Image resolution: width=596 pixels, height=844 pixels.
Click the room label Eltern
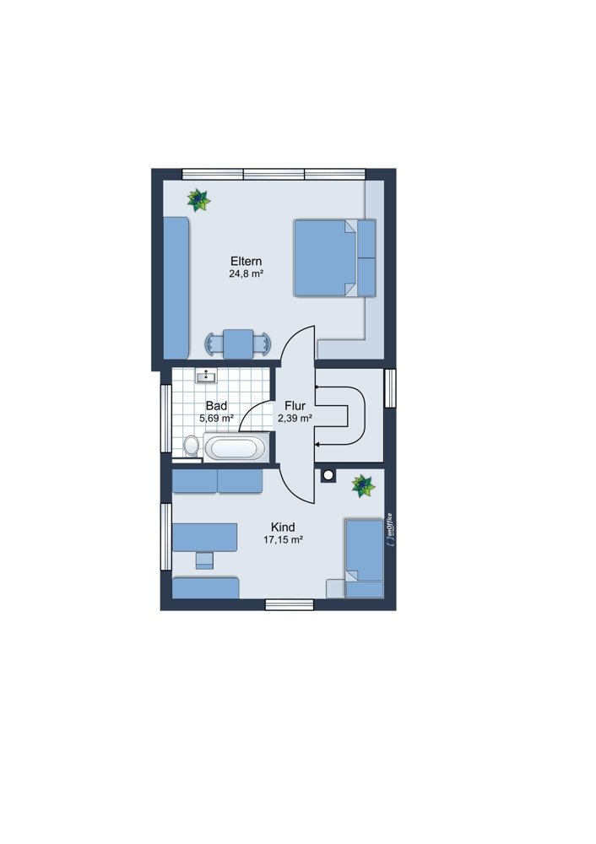(x=246, y=262)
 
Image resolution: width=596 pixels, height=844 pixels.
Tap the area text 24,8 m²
(x=246, y=274)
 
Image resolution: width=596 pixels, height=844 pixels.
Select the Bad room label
(x=216, y=406)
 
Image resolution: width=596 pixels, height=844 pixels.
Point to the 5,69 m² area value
(x=216, y=418)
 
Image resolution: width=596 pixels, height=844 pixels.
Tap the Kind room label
(x=283, y=527)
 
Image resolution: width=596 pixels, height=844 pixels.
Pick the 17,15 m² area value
(x=283, y=540)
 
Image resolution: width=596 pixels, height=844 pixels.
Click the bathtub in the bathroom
(x=236, y=447)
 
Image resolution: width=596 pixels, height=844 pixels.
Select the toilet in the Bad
(x=191, y=446)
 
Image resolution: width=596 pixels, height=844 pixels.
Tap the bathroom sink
(x=206, y=376)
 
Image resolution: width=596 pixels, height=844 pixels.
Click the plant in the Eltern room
(x=198, y=200)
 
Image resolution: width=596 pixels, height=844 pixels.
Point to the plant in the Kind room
(x=363, y=487)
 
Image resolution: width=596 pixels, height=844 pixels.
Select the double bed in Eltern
(x=334, y=257)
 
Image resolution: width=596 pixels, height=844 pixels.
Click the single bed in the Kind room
(x=365, y=558)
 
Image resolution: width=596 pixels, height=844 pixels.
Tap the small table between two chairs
(x=238, y=344)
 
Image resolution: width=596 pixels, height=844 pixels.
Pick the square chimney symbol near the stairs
(x=327, y=475)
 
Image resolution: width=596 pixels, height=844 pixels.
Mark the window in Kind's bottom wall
(x=289, y=605)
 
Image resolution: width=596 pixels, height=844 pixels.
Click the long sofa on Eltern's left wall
(x=176, y=288)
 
